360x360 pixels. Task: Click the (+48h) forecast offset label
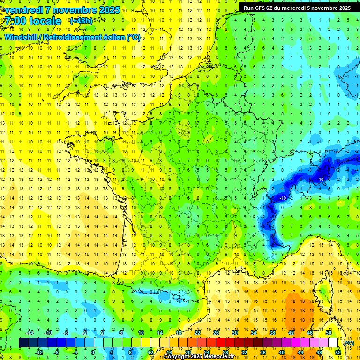click(x=81, y=21)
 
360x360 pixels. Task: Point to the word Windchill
click(x=21, y=37)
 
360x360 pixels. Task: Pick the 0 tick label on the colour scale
click(x=93, y=352)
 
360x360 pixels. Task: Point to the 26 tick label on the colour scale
click(x=217, y=333)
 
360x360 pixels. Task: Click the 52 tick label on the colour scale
click(x=338, y=352)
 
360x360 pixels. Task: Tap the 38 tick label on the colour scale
click(x=272, y=333)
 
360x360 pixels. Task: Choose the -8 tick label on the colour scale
click(x=57, y=352)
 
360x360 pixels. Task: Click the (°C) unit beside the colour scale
click(x=349, y=343)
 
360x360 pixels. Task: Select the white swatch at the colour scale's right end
click(x=333, y=343)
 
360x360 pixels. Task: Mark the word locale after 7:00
click(x=45, y=21)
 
